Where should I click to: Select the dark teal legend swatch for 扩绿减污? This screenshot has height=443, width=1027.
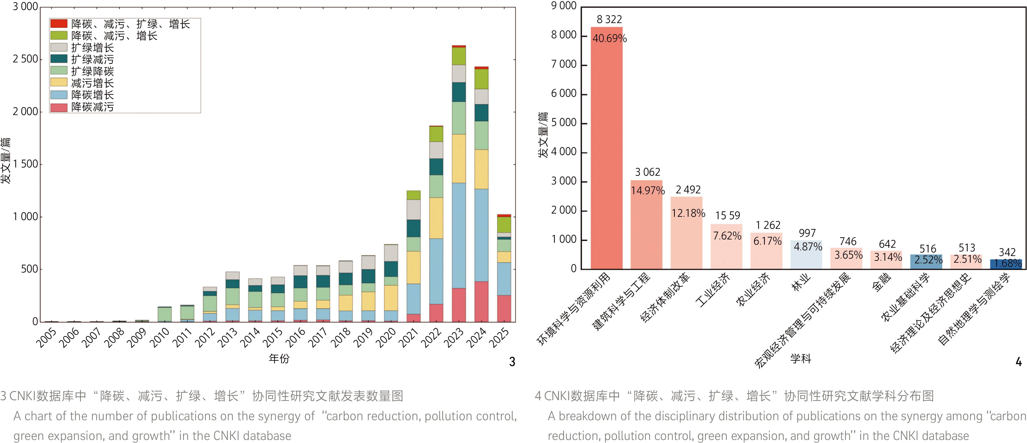[x=59, y=59]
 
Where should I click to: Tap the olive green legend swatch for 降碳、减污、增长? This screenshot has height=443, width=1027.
[x=59, y=35]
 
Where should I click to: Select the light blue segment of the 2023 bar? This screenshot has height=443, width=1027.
[x=459, y=235]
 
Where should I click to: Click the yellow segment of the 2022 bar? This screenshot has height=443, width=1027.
[x=436, y=218]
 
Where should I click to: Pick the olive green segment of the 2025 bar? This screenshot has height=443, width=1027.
[x=504, y=224]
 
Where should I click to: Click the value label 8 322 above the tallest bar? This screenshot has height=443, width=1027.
[x=609, y=19]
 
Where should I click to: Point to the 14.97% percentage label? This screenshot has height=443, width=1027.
[x=647, y=191]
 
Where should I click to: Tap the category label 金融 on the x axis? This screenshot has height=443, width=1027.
[x=881, y=282]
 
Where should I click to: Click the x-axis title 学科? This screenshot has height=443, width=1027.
[x=800, y=358]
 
